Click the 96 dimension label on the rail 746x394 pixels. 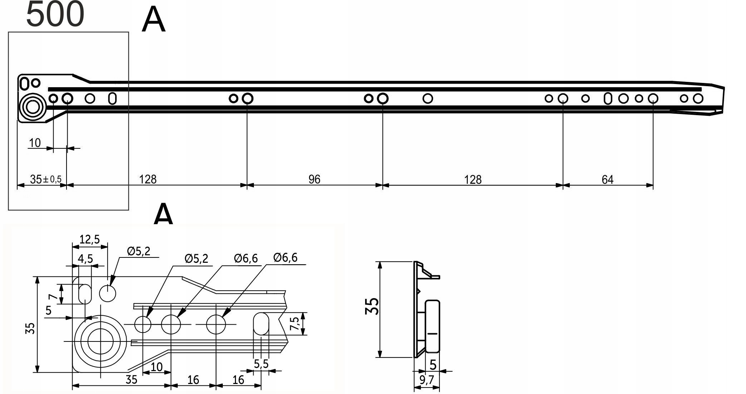click(x=314, y=179)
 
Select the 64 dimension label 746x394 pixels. click(x=608, y=179)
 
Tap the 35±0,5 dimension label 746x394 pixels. click(x=46, y=179)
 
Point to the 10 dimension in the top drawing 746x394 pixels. click(x=35, y=143)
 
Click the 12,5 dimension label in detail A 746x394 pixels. click(x=89, y=239)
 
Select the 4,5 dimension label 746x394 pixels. click(x=85, y=258)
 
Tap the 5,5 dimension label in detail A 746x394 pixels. click(x=261, y=364)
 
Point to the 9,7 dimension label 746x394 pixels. click(x=427, y=380)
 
